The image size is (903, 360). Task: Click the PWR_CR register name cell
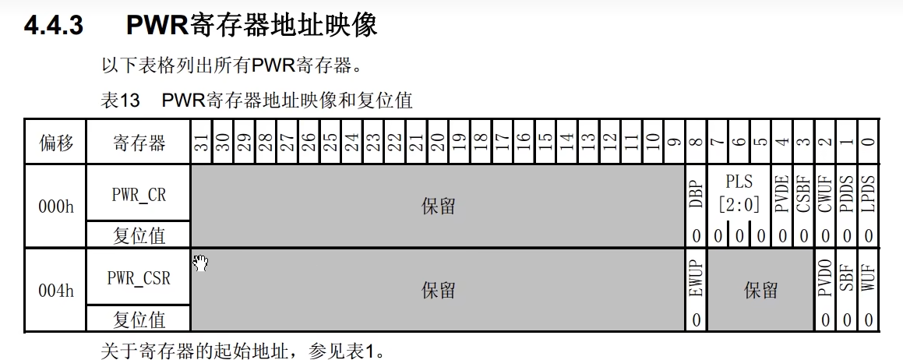tap(139, 194)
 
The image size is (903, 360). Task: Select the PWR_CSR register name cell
tap(139, 277)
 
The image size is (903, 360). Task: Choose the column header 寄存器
tap(139, 143)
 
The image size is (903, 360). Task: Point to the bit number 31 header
tap(201, 142)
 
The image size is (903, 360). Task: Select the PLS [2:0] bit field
tap(739, 194)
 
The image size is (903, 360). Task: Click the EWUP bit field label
tap(696, 278)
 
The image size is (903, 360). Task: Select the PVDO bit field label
tap(825, 278)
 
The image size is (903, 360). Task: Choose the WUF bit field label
tap(869, 278)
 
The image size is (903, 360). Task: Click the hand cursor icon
tap(200, 263)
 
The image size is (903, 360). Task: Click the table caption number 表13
tap(119, 101)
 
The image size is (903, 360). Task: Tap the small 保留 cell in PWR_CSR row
tap(760, 291)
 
